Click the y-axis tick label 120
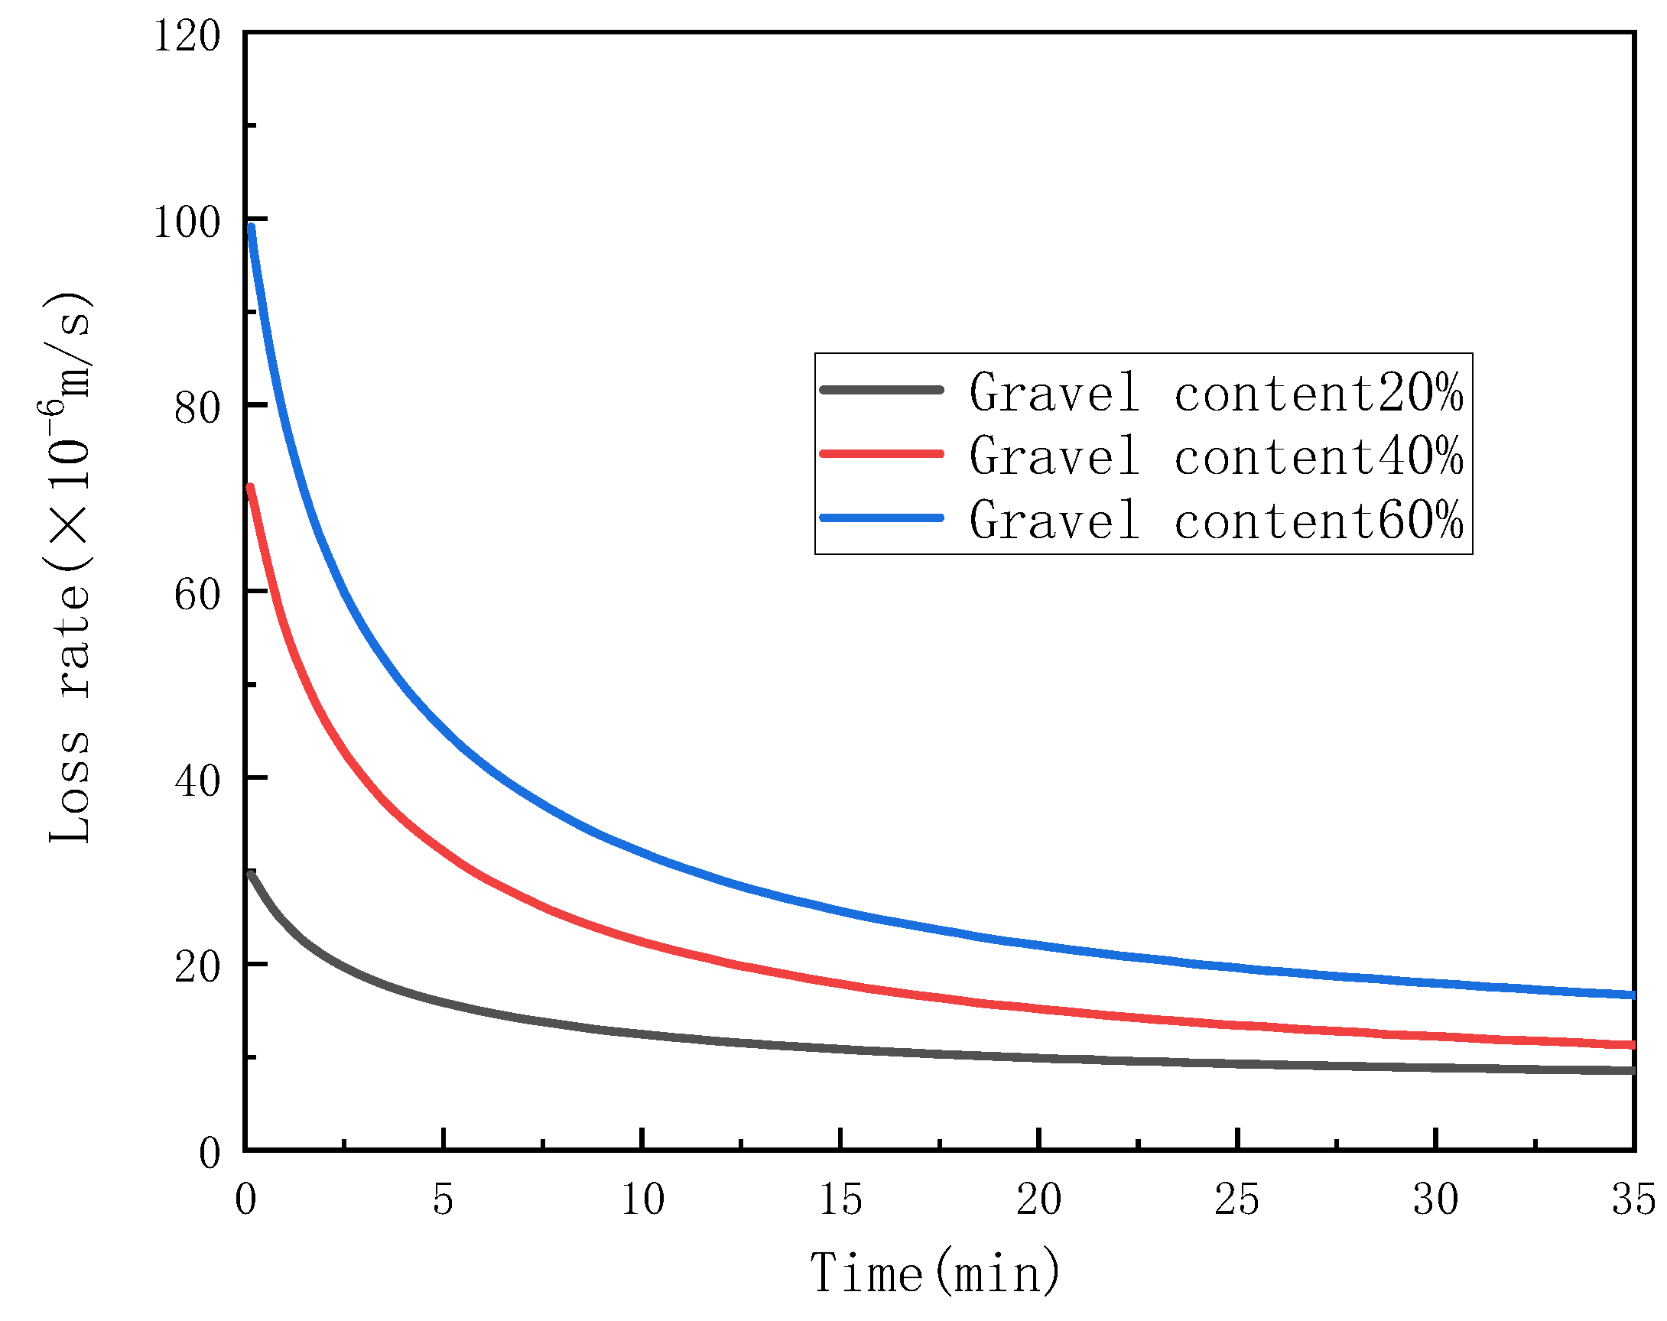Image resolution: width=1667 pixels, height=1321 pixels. [187, 37]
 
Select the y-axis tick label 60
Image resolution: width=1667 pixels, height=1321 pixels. [197, 596]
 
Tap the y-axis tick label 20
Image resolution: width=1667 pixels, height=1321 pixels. [197, 967]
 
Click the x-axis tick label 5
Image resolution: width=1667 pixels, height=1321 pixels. [443, 1200]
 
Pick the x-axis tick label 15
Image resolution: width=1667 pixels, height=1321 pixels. [840, 1200]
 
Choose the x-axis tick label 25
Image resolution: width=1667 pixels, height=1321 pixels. [1237, 1200]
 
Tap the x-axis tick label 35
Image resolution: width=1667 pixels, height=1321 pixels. [1633, 1200]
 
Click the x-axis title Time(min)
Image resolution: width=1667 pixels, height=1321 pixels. [934, 1273]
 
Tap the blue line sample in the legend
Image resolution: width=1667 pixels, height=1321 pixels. [882, 518]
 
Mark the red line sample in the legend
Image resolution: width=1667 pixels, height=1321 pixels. [882, 454]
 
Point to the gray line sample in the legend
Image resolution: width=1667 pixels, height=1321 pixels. [882, 390]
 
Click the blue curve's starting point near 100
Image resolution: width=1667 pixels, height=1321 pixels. [252, 227]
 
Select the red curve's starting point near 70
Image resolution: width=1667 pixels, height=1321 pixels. [250, 488]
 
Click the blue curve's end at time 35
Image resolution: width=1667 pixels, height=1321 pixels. [1631, 995]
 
